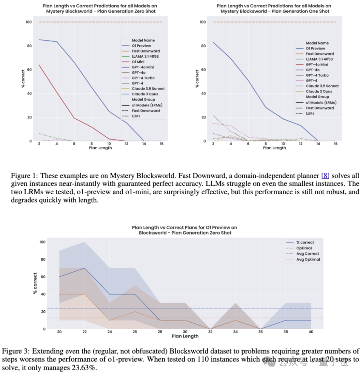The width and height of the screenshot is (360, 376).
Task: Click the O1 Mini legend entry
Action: (x=138, y=62)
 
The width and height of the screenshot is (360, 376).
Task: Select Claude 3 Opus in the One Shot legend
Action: (x=319, y=91)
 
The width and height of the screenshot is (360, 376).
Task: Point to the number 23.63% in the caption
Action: (x=85, y=368)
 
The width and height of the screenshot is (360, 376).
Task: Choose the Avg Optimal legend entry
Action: (x=308, y=259)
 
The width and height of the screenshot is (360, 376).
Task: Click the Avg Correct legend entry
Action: (x=307, y=254)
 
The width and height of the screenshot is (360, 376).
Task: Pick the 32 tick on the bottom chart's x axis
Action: (x=210, y=332)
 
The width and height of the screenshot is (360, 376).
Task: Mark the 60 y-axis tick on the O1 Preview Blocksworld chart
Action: (x=43, y=277)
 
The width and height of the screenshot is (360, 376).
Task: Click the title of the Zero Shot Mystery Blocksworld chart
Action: (x=100, y=9)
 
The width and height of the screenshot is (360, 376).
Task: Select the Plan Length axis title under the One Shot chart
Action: (x=274, y=148)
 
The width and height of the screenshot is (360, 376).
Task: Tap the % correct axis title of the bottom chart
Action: (x=35, y=283)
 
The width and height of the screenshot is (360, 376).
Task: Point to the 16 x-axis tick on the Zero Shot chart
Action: (x=162, y=144)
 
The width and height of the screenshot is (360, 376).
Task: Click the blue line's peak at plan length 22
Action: (x=85, y=268)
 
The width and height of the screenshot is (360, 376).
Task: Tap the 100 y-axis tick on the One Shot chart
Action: (x=203, y=22)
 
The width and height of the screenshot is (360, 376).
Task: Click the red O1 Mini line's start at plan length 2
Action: (x=39, y=65)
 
